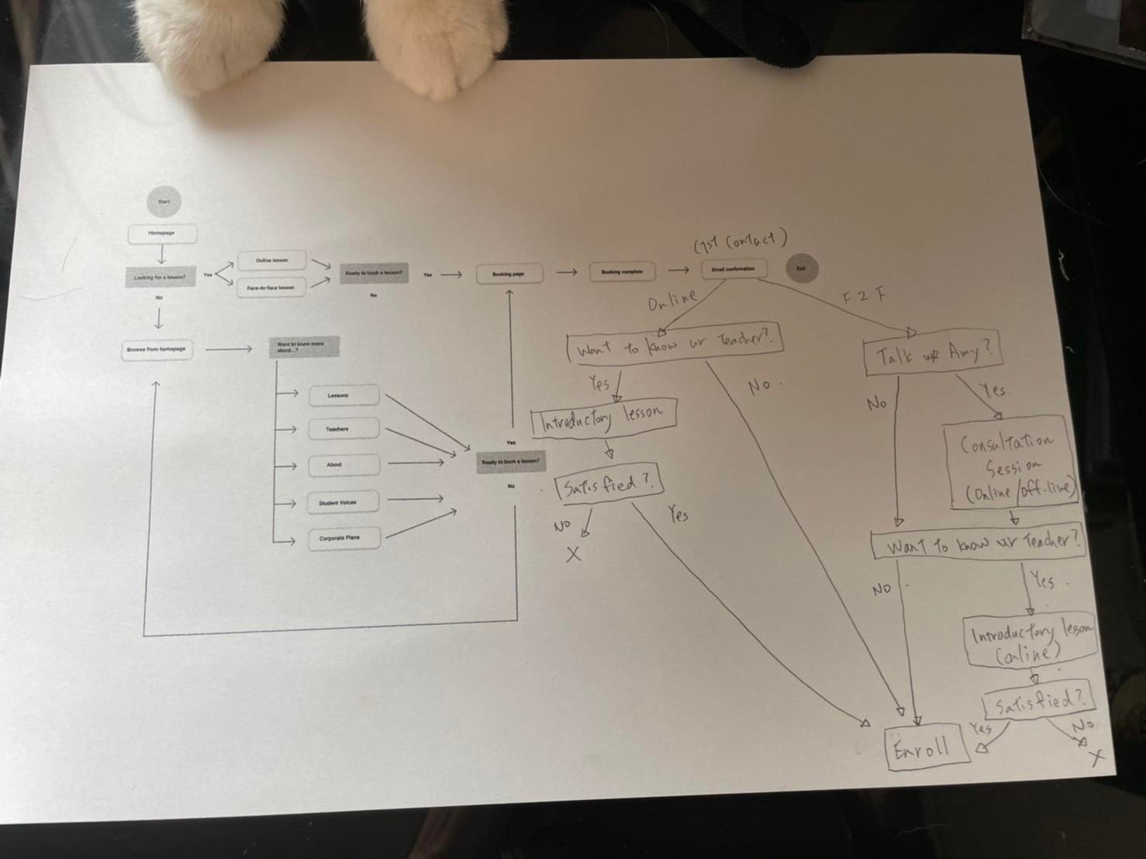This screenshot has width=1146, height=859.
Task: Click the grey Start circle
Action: tap(163, 202)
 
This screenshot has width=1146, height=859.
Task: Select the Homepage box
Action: tap(162, 233)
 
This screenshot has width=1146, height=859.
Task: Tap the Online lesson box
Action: tap(271, 260)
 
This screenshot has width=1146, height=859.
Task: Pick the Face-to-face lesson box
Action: tap(271, 287)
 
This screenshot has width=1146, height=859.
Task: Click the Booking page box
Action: tap(509, 274)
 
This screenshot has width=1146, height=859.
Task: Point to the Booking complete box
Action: tap(622, 271)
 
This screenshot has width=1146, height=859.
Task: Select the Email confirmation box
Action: tap(734, 269)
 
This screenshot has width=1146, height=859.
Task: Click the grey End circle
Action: tap(801, 268)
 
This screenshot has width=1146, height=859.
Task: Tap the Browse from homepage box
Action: tap(157, 350)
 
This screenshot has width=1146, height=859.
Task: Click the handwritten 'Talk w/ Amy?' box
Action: tap(933, 355)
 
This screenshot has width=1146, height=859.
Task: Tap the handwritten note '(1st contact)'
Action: tap(740, 242)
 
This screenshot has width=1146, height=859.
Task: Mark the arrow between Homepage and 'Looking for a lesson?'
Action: tap(161, 254)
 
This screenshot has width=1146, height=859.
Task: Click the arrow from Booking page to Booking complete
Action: tap(566, 272)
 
